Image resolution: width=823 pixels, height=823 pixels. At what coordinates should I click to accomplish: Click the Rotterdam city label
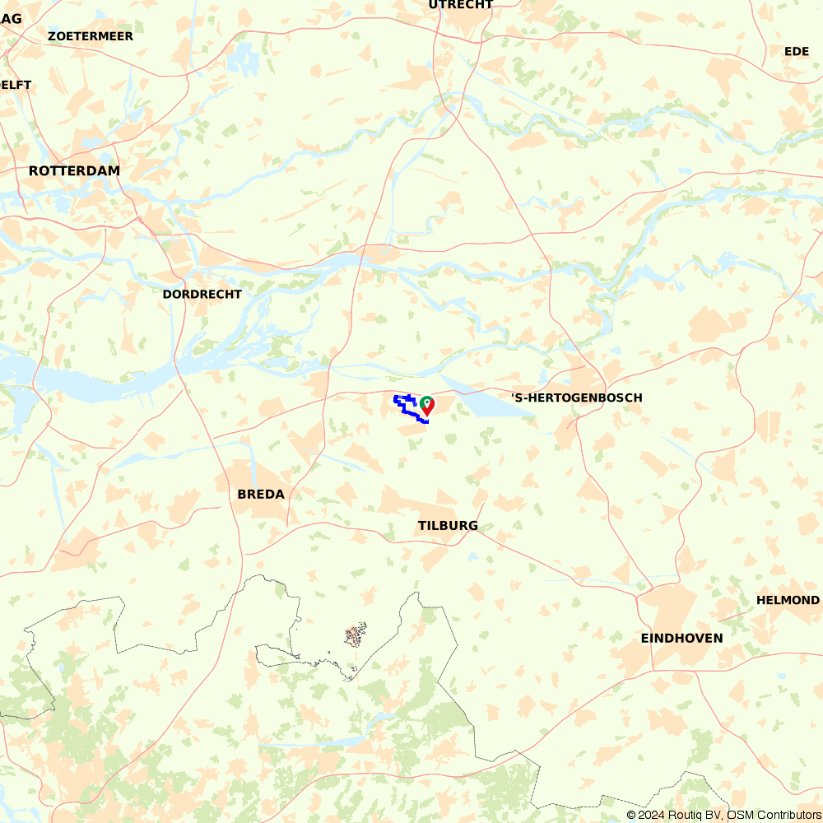(74, 171)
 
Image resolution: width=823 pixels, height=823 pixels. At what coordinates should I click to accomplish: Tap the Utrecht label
(461, 5)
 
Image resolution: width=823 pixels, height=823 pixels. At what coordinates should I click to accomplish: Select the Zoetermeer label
(91, 36)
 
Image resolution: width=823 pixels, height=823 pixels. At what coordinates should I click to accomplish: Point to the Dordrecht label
(202, 294)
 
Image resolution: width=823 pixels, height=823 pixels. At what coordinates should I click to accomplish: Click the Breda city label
(261, 494)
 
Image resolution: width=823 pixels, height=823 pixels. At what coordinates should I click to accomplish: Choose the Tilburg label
(448, 526)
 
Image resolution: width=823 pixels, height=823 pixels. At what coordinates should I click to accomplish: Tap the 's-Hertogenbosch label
(577, 398)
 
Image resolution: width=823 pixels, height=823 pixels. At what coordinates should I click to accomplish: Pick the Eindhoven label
(682, 638)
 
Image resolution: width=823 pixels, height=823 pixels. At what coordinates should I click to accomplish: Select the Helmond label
(788, 600)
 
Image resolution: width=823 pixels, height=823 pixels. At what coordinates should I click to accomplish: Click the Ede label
(797, 51)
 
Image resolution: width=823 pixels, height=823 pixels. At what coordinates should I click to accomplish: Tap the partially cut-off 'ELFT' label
(16, 85)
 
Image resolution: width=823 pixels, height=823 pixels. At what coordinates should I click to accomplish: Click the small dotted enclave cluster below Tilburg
(355, 635)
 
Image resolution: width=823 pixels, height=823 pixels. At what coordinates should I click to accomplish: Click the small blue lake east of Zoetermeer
(243, 58)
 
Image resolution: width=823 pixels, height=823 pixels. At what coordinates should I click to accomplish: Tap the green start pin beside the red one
(425, 402)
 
